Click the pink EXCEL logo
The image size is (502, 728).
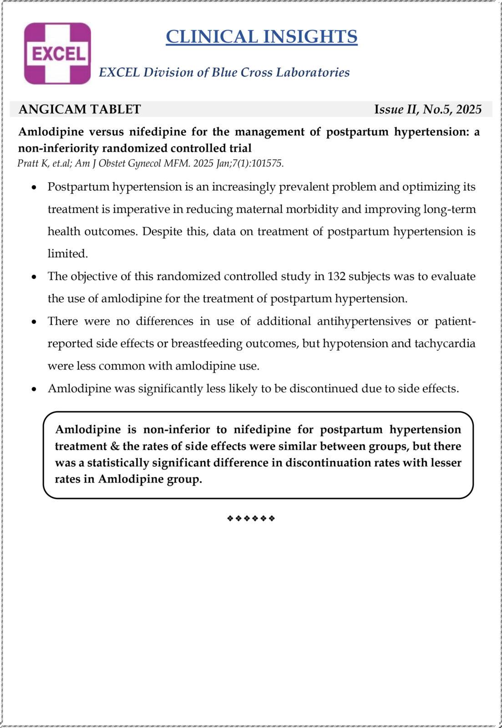click(x=57, y=54)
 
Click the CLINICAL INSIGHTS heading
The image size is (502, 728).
click(x=261, y=36)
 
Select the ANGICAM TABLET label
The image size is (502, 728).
click(x=80, y=109)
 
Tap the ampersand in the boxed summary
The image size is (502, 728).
click(x=115, y=446)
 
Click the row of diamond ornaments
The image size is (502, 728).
click(x=251, y=518)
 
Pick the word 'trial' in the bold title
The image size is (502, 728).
click(x=239, y=148)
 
